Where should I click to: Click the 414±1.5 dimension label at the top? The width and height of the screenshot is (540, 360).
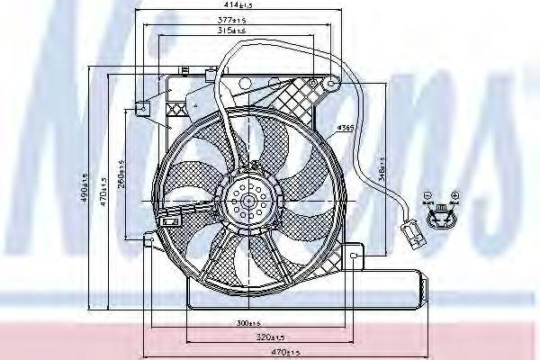pos(237,8)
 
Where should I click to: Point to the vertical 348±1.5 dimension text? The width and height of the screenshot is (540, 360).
pos(383,170)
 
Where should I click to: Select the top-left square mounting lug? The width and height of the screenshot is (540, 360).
pos(141,109)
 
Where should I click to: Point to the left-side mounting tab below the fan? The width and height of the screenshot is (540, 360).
pos(150,238)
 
